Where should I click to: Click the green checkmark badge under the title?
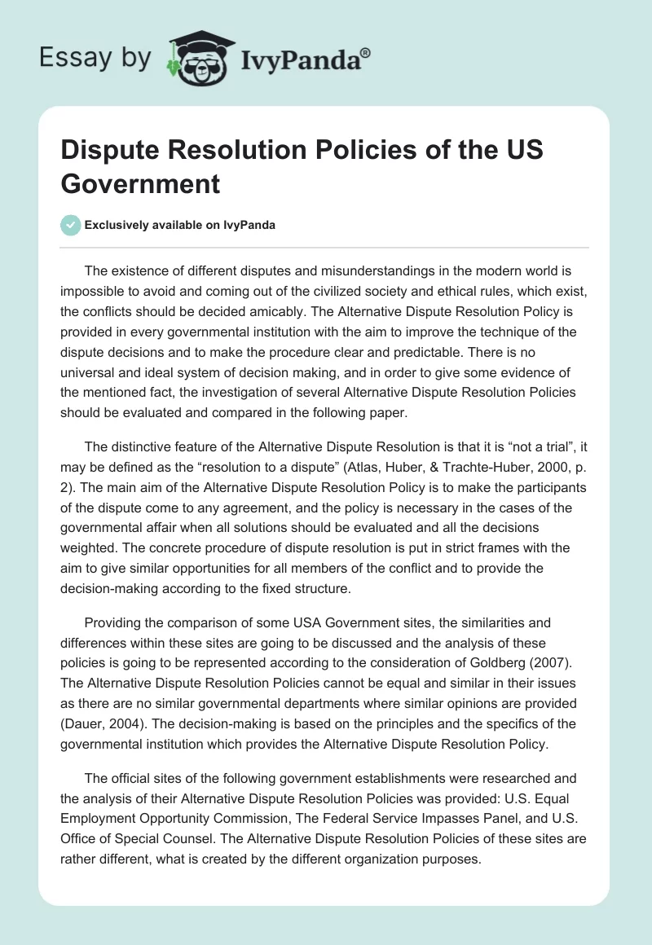click(x=71, y=225)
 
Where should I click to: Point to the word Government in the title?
click(x=140, y=183)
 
